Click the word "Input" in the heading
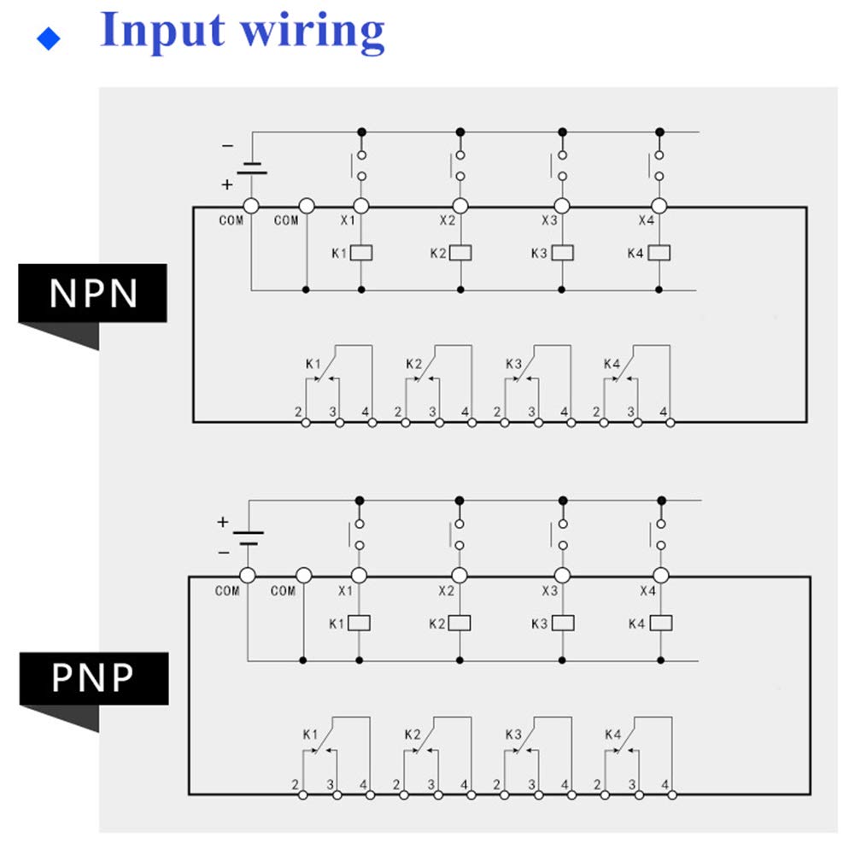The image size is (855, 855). pyautogui.click(x=161, y=30)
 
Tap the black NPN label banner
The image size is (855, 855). pyautogui.click(x=92, y=293)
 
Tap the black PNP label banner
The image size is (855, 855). pyautogui.click(x=93, y=678)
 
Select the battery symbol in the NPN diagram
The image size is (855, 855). pyautogui.click(x=251, y=167)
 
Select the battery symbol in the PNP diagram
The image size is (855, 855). pyautogui.click(x=248, y=537)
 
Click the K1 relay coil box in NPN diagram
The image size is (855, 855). pyautogui.click(x=361, y=253)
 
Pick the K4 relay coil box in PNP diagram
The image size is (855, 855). pyautogui.click(x=660, y=623)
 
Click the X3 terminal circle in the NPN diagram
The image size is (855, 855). pyautogui.click(x=562, y=206)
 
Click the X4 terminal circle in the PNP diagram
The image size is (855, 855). pyautogui.click(x=660, y=576)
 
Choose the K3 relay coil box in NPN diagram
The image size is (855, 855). pyautogui.click(x=562, y=253)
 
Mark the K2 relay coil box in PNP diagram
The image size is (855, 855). pyautogui.click(x=460, y=623)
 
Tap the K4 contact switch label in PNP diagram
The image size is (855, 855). pyautogui.click(x=612, y=735)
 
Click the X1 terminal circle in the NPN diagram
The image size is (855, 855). pyautogui.click(x=361, y=206)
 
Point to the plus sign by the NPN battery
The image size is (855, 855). pyautogui.click(x=227, y=184)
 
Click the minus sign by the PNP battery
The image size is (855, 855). pyautogui.click(x=224, y=553)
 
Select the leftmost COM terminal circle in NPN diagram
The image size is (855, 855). pyautogui.click(x=251, y=206)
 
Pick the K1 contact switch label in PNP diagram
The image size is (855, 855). pyautogui.click(x=310, y=735)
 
